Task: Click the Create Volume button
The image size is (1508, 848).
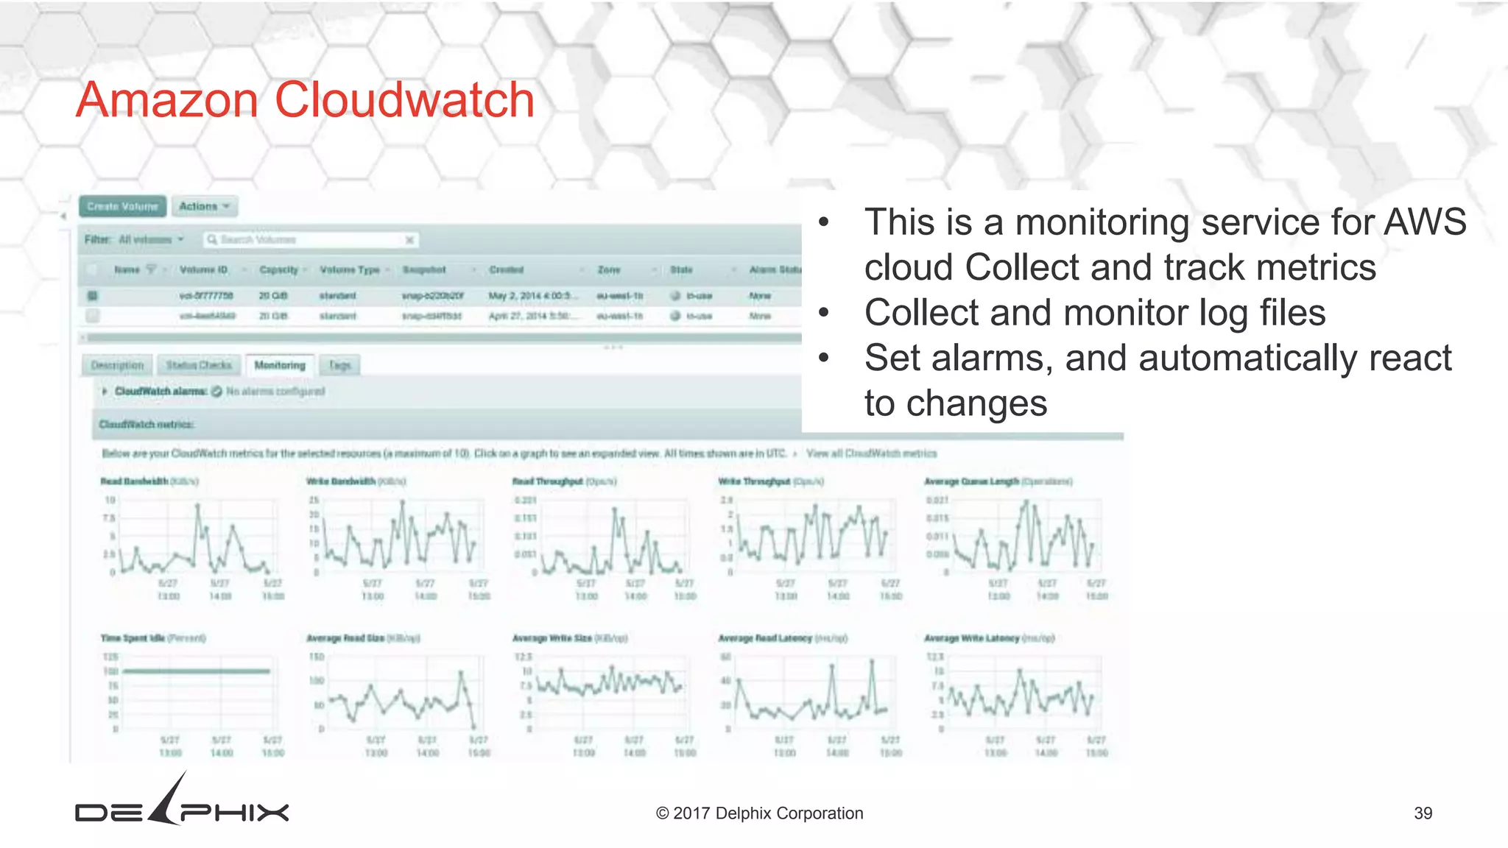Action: click(122, 207)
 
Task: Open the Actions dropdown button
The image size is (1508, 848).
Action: click(205, 207)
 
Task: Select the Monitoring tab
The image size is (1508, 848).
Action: click(280, 365)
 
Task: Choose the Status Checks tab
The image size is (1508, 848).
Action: click(199, 365)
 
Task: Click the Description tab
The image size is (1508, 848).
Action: click(117, 365)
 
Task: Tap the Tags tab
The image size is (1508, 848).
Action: click(339, 365)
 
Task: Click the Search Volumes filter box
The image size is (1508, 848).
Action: click(309, 240)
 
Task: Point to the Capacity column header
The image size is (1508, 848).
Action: click(279, 270)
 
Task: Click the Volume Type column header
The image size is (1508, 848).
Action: click(350, 270)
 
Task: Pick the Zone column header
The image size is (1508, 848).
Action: click(609, 270)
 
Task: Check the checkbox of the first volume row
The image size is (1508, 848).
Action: click(92, 296)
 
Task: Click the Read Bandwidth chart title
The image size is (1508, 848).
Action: click(135, 481)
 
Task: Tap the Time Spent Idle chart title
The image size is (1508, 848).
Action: click(133, 638)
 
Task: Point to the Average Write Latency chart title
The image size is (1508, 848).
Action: click(972, 638)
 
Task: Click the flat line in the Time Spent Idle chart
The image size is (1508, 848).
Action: click(197, 671)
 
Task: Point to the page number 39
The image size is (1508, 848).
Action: click(1423, 813)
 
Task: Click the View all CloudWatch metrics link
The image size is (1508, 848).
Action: click(871, 453)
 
